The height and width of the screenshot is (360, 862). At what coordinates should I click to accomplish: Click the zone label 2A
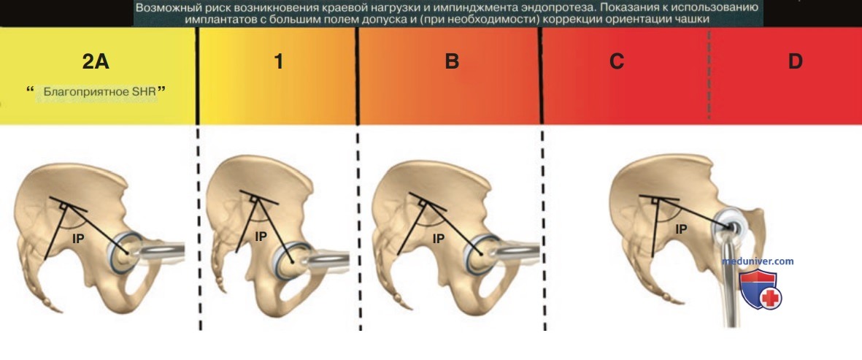[96, 62]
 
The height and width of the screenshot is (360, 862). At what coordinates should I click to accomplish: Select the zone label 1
[279, 62]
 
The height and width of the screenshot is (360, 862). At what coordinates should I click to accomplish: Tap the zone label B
[451, 62]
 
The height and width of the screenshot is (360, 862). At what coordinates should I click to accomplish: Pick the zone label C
[616, 62]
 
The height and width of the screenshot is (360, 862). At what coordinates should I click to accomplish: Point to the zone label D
[795, 62]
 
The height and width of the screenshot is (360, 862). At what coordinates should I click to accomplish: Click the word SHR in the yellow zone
[145, 92]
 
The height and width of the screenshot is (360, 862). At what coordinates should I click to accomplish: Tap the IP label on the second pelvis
[261, 237]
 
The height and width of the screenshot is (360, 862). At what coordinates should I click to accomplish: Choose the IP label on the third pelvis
[438, 238]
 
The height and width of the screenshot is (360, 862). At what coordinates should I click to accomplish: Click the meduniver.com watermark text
[758, 261]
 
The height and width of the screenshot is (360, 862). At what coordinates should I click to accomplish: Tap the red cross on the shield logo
[772, 299]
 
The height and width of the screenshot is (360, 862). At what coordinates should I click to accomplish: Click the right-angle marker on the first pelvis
[64, 205]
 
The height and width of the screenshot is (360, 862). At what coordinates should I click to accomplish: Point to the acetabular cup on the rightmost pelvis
[731, 222]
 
